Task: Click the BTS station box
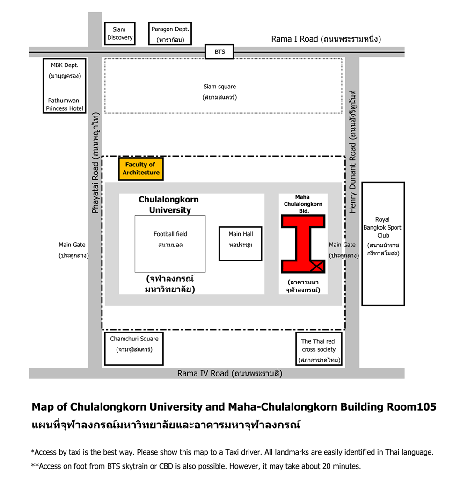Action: [219, 51]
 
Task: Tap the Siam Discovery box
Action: [120, 34]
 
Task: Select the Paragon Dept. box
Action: [170, 34]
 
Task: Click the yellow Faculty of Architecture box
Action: [141, 168]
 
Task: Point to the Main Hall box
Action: [241, 244]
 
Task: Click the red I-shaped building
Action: [303, 244]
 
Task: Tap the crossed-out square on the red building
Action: [317, 267]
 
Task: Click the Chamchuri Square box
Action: [134, 348]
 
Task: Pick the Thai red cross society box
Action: [319, 349]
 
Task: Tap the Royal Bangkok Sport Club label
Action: [383, 227]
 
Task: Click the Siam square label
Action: [219, 87]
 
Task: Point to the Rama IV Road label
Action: [203, 373]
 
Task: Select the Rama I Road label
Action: [294, 39]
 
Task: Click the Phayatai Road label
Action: [95, 188]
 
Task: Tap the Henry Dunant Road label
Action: [352, 178]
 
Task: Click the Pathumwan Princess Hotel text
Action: [65, 104]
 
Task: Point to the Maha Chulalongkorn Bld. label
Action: [303, 204]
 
